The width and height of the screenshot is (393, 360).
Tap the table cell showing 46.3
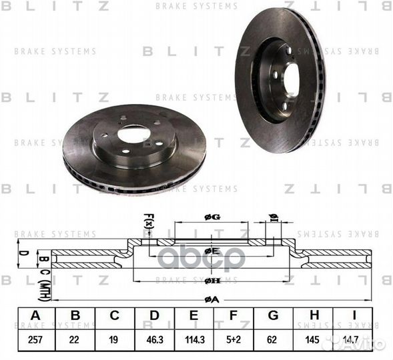click(154, 339)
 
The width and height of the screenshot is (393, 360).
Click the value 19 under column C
click(114, 339)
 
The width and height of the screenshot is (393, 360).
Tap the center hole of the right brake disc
click(291, 79)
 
